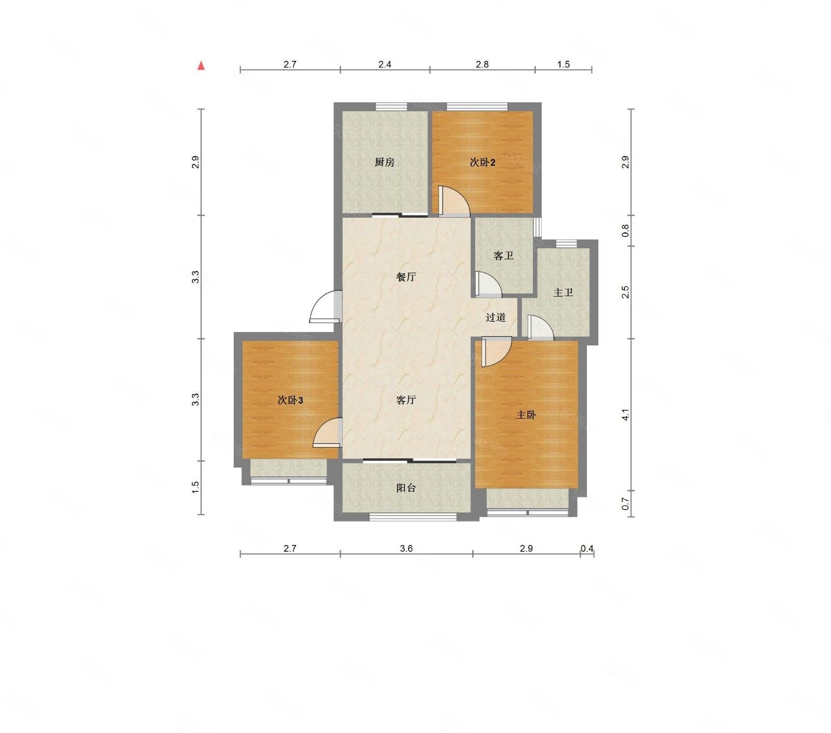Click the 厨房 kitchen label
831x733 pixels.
click(384, 163)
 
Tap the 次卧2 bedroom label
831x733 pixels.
click(482, 163)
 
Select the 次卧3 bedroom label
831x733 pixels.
click(290, 400)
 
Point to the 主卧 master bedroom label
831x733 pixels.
click(526, 415)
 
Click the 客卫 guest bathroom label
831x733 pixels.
click(503, 256)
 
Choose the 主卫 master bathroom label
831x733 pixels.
click(563, 293)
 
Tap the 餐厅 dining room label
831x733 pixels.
click(406, 277)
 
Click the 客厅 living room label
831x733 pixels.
click(406, 400)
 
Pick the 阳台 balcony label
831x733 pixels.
click(406, 488)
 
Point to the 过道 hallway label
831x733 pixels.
click(495, 317)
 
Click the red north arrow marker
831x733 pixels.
click(201, 66)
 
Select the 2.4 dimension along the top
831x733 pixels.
click(384, 64)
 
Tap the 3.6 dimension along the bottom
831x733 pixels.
click(406, 548)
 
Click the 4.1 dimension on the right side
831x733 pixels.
click(626, 415)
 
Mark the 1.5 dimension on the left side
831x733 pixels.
click(195, 487)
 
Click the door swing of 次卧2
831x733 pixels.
click(453, 202)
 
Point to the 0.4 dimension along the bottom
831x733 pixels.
click(587, 548)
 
